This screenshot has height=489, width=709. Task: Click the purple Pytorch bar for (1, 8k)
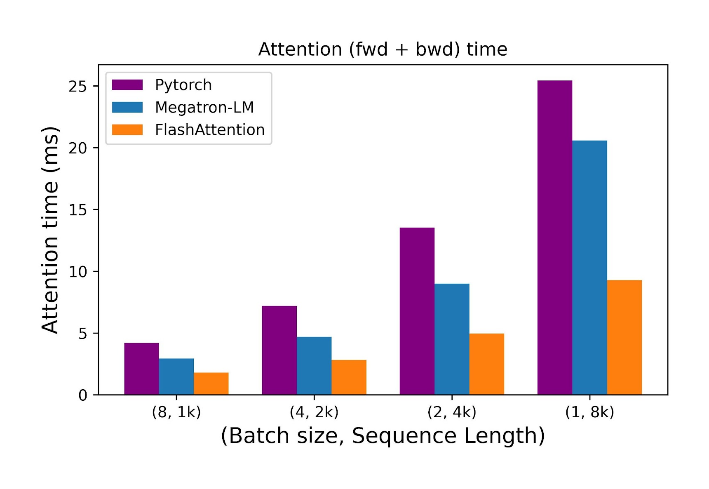[x=554, y=237]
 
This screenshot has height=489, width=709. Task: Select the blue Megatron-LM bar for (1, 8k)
[x=589, y=268]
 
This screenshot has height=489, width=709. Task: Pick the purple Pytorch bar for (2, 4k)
[x=417, y=311]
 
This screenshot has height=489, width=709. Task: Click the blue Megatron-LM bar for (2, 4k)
[x=452, y=339]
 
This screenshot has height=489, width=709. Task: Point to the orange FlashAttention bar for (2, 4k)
[x=486, y=364]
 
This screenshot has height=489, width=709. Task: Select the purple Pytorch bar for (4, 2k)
[x=279, y=350]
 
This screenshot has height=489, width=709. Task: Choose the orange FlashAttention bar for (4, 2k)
[x=349, y=377]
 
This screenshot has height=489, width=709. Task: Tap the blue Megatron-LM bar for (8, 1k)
[x=176, y=376]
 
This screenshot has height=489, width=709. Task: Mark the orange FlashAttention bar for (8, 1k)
[x=211, y=383]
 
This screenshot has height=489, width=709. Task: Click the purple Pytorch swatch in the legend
[x=127, y=85]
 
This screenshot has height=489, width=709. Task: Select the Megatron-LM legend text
[x=204, y=107]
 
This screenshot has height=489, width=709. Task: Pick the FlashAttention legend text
[x=210, y=130]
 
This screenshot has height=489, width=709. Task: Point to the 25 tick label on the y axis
[x=77, y=86]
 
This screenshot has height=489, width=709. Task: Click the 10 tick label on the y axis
[x=77, y=272]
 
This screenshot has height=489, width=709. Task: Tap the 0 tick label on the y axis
[x=82, y=395]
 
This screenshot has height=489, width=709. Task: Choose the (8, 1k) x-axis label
[x=176, y=412]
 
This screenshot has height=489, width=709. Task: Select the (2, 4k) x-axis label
[x=452, y=412]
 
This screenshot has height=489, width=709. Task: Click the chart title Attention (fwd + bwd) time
[x=383, y=49]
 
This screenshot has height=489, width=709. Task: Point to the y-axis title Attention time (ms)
[x=50, y=230]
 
